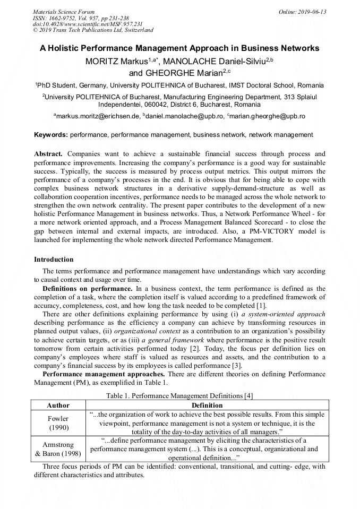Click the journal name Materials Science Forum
64,12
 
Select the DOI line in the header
88,24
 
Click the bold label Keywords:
51,135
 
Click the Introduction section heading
54,260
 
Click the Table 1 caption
179,395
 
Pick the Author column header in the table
58,406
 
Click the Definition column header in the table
207,406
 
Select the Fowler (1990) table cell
58,422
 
